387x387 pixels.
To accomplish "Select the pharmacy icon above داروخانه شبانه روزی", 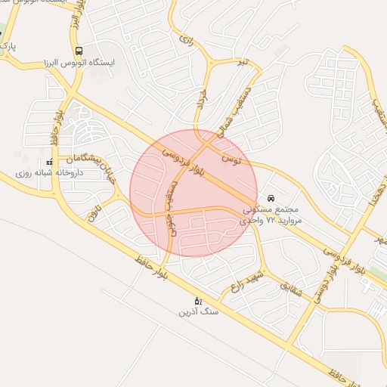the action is [50, 162].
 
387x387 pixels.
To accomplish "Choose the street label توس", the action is [228, 159].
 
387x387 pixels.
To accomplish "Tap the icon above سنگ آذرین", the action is [198, 300].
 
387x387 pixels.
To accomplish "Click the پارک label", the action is [8, 47].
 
